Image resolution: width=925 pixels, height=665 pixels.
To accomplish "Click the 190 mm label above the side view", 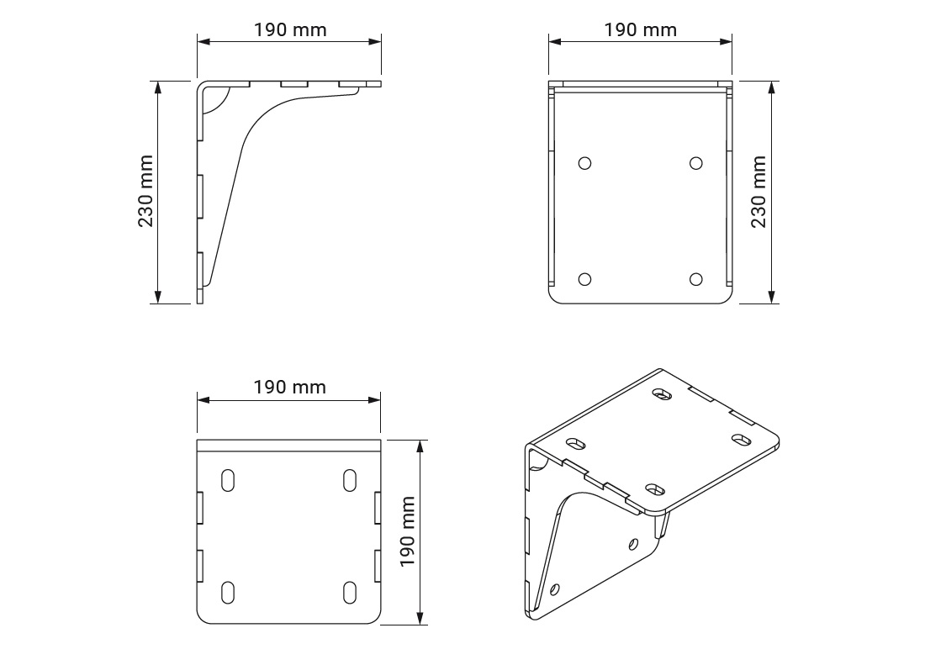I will pyautogui.click(x=290, y=30).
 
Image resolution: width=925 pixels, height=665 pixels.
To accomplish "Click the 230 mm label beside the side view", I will pyautogui.click(x=145, y=191).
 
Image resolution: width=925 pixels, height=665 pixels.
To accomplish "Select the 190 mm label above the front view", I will pyautogui.click(x=640, y=30).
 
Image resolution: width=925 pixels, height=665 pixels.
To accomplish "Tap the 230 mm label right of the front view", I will pyautogui.click(x=758, y=191).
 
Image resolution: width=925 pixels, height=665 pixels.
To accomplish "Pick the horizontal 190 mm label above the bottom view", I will pyautogui.click(x=290, y=388).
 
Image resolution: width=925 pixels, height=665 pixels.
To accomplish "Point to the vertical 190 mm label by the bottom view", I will pyautogui.click(x=408, y=531).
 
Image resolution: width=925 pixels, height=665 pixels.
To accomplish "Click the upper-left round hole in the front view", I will pyautogui.click(x=585, y=163).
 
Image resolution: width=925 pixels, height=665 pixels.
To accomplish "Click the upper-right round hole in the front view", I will pyautogui.click(x=695, y=163).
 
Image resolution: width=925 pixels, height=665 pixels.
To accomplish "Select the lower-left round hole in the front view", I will pyautogui.click(x=585, y=280).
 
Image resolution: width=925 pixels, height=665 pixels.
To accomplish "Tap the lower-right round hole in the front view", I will pyautogui.click(x=695, y=280).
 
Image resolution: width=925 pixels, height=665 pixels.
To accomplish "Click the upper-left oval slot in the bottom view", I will pyautogui.click(x=228, y=480).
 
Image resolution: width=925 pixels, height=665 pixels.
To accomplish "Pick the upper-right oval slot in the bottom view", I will pyautogui.click(x=350, y=480).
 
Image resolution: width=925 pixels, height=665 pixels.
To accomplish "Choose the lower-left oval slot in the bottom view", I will pyautogui.click(x=228, y=591).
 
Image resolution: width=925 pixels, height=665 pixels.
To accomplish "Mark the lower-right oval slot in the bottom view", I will pyautogui.click(x=350, y=591).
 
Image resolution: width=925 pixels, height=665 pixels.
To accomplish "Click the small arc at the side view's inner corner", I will pyautogui.click(x=217, y=102).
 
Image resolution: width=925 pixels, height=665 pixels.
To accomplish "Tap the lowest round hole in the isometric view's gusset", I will pyautogui.click(x=554, y=589).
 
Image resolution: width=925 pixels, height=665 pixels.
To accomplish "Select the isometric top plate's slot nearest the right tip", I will pyautogui.click(x=742, y=439).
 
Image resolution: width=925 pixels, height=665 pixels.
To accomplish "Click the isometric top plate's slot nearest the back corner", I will pyautogui.click(x=663, y=393).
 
